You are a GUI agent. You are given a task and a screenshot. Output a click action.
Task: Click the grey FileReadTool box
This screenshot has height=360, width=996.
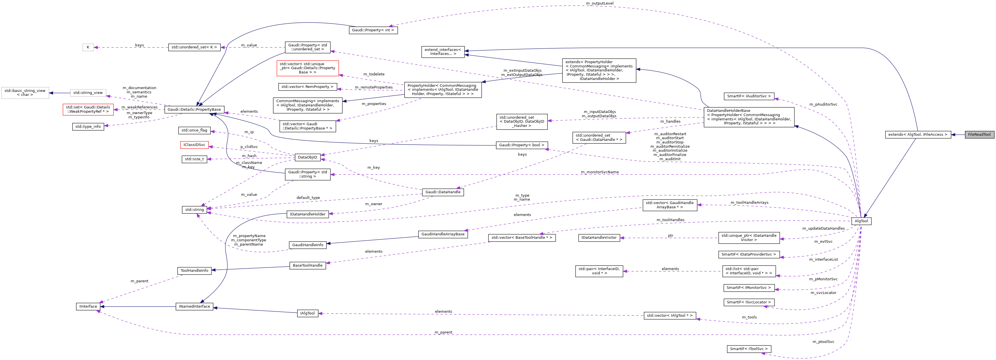(979, 135)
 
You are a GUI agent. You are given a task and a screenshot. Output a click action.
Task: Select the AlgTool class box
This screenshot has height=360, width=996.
(861, 221)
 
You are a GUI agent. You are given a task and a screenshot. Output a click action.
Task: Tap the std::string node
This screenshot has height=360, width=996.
(194, 209)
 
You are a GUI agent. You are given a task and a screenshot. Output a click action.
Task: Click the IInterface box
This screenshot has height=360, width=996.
(88, 306)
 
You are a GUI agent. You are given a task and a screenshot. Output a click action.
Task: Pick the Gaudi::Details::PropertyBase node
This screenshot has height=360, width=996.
(194, 110)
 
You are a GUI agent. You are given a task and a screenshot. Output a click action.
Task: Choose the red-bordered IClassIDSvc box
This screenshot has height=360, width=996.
(194, 145)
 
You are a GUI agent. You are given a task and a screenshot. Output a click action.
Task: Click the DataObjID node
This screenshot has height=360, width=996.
(307, 157)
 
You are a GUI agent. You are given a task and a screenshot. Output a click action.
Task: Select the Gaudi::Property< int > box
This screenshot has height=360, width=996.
(373, 30)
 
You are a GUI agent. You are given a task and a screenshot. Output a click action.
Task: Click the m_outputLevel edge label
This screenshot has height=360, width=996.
(599, 3)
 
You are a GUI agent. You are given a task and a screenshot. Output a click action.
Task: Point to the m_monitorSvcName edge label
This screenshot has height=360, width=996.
(599, 172)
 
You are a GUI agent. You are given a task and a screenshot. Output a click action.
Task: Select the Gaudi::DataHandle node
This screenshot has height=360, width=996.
(443, 192)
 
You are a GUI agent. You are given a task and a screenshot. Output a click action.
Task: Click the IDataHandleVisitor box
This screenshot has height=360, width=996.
(599, 237)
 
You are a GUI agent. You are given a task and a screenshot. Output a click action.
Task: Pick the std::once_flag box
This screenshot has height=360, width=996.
(194, 130)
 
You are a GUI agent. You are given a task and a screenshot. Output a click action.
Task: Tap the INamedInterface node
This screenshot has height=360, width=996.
(194, 306)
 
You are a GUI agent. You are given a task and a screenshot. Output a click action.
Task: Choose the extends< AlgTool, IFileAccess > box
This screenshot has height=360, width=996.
(917, 135)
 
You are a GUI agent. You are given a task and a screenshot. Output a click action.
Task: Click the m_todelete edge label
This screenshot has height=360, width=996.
(373, 74)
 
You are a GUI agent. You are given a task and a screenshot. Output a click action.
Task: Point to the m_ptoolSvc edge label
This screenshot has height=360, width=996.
(823, 342)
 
